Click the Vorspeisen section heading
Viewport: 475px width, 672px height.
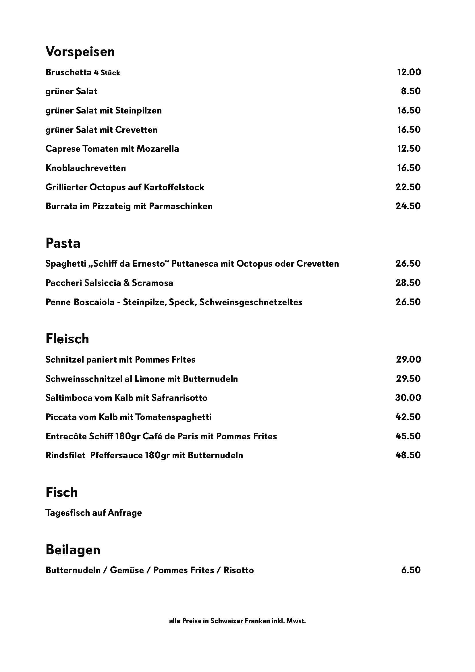(80, 52)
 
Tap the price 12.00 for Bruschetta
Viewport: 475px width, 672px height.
(409, 72)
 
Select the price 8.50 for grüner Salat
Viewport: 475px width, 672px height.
(411, 91)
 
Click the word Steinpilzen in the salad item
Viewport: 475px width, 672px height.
(138, 111)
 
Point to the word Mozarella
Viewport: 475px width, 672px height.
(158, 149)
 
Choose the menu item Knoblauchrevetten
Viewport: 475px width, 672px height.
(86, 168)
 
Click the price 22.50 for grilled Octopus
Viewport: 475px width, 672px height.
(408, 187)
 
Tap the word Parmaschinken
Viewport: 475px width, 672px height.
(181, 206)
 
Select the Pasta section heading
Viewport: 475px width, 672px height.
(63, 243)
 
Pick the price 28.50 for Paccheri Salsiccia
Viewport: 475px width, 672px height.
(408, 283)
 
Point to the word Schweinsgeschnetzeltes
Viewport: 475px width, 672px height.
(251, 302)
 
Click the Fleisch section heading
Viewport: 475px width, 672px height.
(67, 339)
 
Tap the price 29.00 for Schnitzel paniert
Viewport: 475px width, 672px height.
(409, 359)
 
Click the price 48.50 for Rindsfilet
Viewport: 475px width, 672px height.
(408, 455)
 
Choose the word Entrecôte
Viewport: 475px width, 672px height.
(66, 436)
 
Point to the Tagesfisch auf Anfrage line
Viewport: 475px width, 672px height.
(94, 513)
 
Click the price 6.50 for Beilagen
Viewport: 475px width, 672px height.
(411, 570)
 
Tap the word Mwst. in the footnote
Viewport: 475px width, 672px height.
(296, 621)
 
